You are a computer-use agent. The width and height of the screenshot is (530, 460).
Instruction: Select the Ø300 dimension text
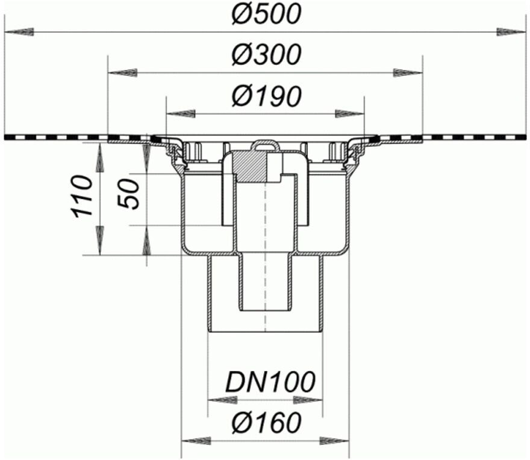(x=266, y=55)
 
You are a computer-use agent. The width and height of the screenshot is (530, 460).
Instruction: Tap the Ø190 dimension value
(x=266, y=96)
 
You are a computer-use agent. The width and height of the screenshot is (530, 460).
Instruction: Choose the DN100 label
(x=270, y=382)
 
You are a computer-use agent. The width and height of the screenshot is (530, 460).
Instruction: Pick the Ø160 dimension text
(x=266, y=423)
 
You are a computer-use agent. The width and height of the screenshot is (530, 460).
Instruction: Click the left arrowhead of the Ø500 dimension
(x=18, y=31)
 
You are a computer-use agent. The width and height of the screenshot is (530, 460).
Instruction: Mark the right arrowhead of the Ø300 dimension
(x=408, y=73)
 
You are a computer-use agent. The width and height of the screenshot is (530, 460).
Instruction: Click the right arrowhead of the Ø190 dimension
(x=350, y=113)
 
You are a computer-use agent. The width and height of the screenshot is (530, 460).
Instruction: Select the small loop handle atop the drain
(x=265, y=145)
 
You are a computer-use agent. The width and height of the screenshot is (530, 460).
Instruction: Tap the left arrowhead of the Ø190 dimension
(x=181, y=113)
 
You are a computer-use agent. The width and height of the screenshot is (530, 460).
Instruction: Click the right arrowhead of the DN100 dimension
(x=308, y=399)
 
